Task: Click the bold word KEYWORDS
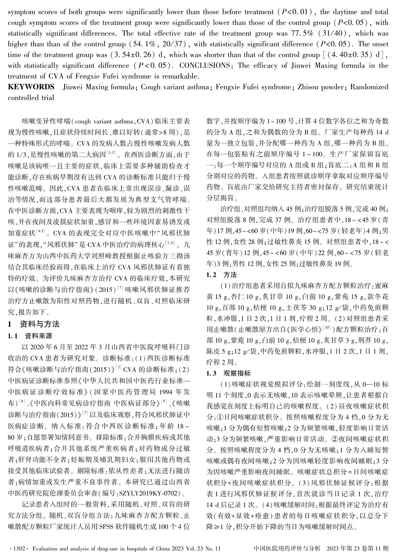(x=31, y=87)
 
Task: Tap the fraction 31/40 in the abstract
(x=333, y=33)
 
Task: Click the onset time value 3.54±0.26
(x=138, y=55)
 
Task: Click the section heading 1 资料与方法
(x=34, y=324)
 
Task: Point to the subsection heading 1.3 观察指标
(x=229, y=373)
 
